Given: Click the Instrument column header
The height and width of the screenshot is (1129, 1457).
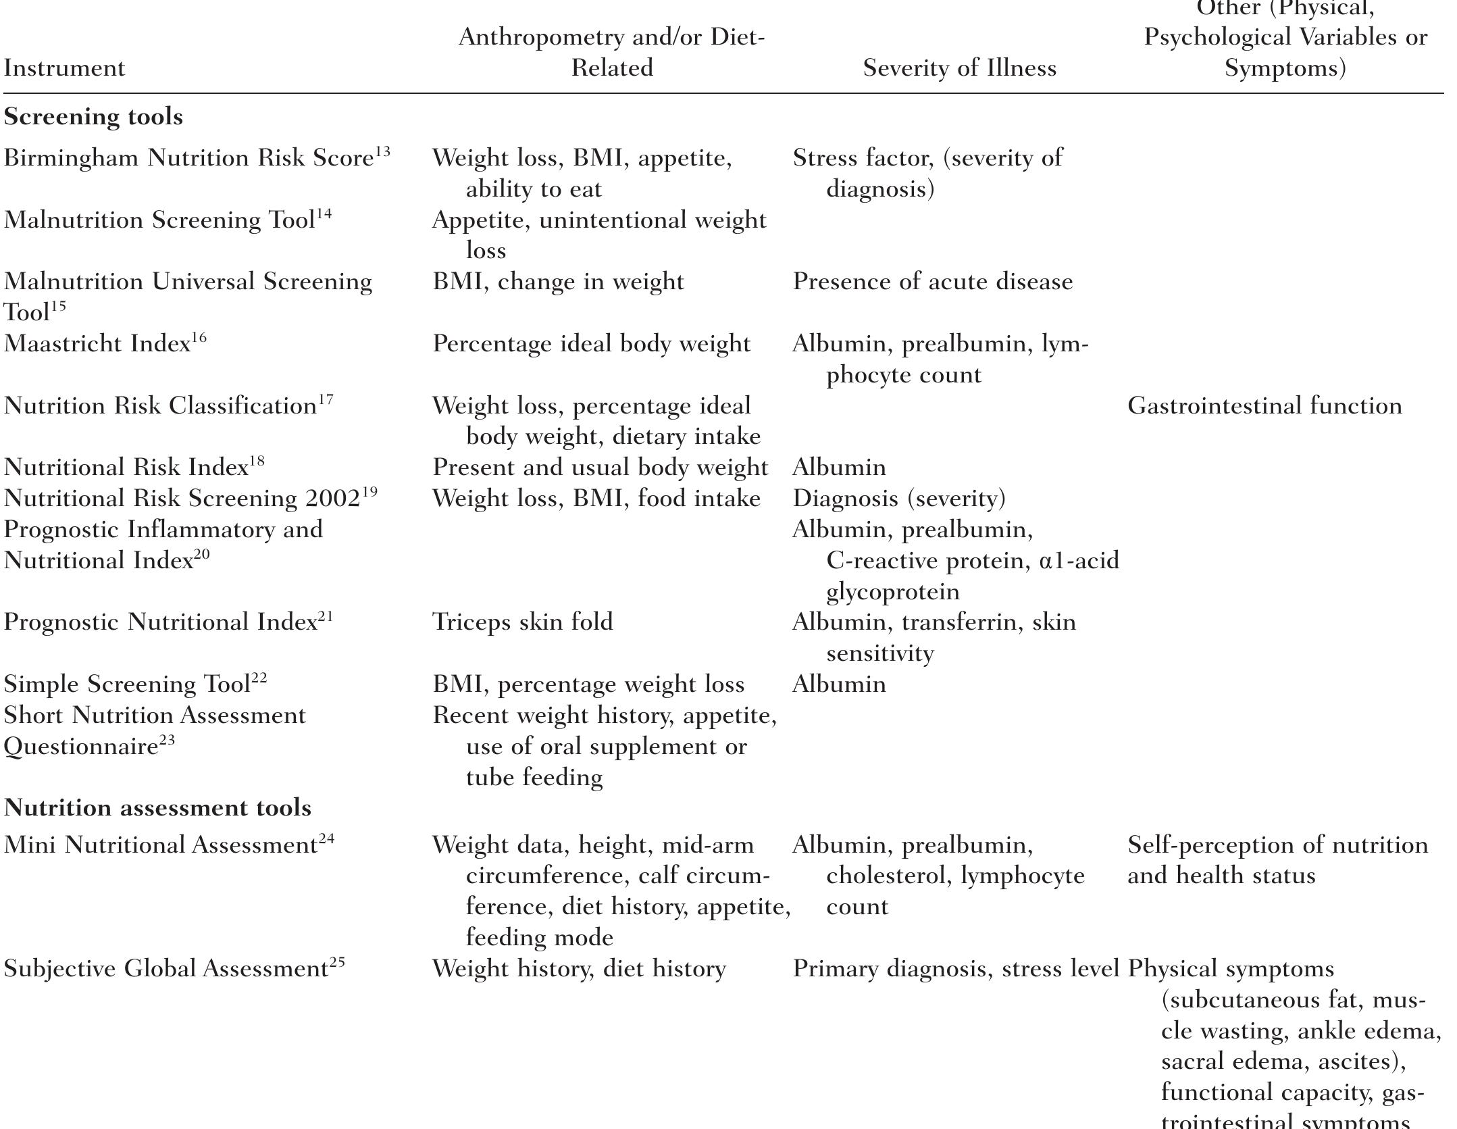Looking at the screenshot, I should pyautogui.click(x=65, y=68).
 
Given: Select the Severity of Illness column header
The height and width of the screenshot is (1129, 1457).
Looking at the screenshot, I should pyautogui.click(x=959, y=68).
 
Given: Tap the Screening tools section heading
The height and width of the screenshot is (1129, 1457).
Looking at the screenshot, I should pyautogui.click(x=93, y=117).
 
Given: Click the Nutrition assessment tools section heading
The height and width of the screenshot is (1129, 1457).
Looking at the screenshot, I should pyautogui.click(x=157, y=808).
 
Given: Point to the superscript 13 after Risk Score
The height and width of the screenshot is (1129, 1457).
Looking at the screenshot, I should pyautogui.click(x=383, y=151).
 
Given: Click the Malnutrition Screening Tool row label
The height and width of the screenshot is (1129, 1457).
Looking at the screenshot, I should pyautogui.click(x=159, y=220).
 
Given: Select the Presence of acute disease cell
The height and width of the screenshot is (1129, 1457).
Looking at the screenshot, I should pyautogui.click(x=932, y=282).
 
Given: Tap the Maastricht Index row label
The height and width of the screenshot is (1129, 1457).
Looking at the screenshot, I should pyautogui.click(x=98, y=345).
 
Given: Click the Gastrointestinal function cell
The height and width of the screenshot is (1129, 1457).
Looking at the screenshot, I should pyautogui.click(x=1264, y=406).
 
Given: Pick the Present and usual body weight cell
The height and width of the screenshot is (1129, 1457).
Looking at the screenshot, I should pyautogui.click(x=600, y=468).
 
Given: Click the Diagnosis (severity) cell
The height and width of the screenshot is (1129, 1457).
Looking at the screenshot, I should pyautogui.click(x=899, y=499).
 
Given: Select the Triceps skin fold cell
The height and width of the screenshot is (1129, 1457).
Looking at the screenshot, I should pyautogui.click(x=523, y=622).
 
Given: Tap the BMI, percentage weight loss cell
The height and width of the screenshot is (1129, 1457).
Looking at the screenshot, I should pyautogui.click(x=588, y=684).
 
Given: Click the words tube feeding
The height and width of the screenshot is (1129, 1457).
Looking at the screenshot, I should pyautogui.click(x=534, y=778).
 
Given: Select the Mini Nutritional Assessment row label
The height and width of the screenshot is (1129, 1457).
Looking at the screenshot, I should pyautogui.click(x=160, y=845).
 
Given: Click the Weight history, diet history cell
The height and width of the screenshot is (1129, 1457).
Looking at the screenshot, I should pyautogui.click(x=579, y=970).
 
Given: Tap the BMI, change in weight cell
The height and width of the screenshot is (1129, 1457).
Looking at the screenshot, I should pyautogui.click(x=558, y=282).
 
